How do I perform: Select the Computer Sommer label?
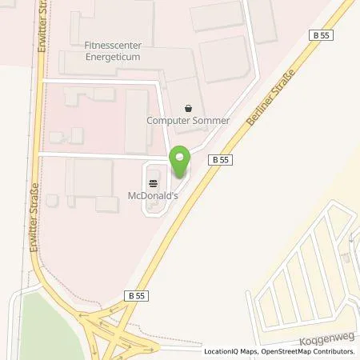tap(188, 121)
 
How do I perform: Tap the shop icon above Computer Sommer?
tap(188, 107)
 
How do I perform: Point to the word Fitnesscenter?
tap(112, 46)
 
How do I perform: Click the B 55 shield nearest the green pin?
tap(223, 159)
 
